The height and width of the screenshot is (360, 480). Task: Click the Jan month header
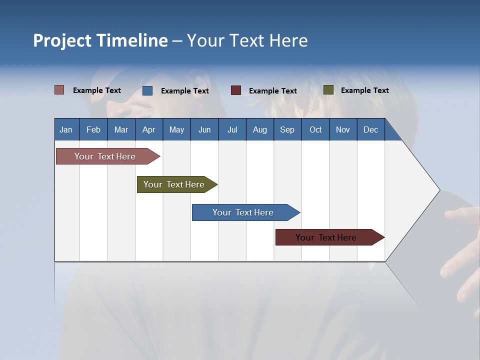pyautogui.click(x=66, y=129)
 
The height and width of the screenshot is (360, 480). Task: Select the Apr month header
pyautogui.click(x=148, y=129)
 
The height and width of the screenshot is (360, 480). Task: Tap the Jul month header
pyautogui.click(x=232, y=129)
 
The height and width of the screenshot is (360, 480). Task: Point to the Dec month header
pyautogui.click(x=370, y=129)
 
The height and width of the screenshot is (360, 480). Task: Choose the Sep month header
pyautogui.click(x=287, y=129)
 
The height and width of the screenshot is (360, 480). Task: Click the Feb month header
pyautogui.click(x=93, y=129)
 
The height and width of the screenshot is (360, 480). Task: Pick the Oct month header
pyautogui.click(x=315, y=129)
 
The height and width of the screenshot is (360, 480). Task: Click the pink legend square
pyautogui.click(x=59, y=90)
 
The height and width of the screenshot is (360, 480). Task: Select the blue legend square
pyautogui.click(x=147, y=90)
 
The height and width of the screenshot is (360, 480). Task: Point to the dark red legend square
pyautogui.click(x=236, y=90)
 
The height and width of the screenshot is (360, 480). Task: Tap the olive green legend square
pyautogui.click(x=328, y=90)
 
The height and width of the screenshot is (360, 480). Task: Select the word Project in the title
pyautogui.click(x=62, y=40)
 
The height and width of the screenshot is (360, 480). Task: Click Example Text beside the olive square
pyautogui.click(x=364, y=90)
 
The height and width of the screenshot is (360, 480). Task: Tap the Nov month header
pyautogui.click(x=343, y=129)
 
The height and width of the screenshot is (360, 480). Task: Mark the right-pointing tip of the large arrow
pyautogui.click(x=438, y=190)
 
